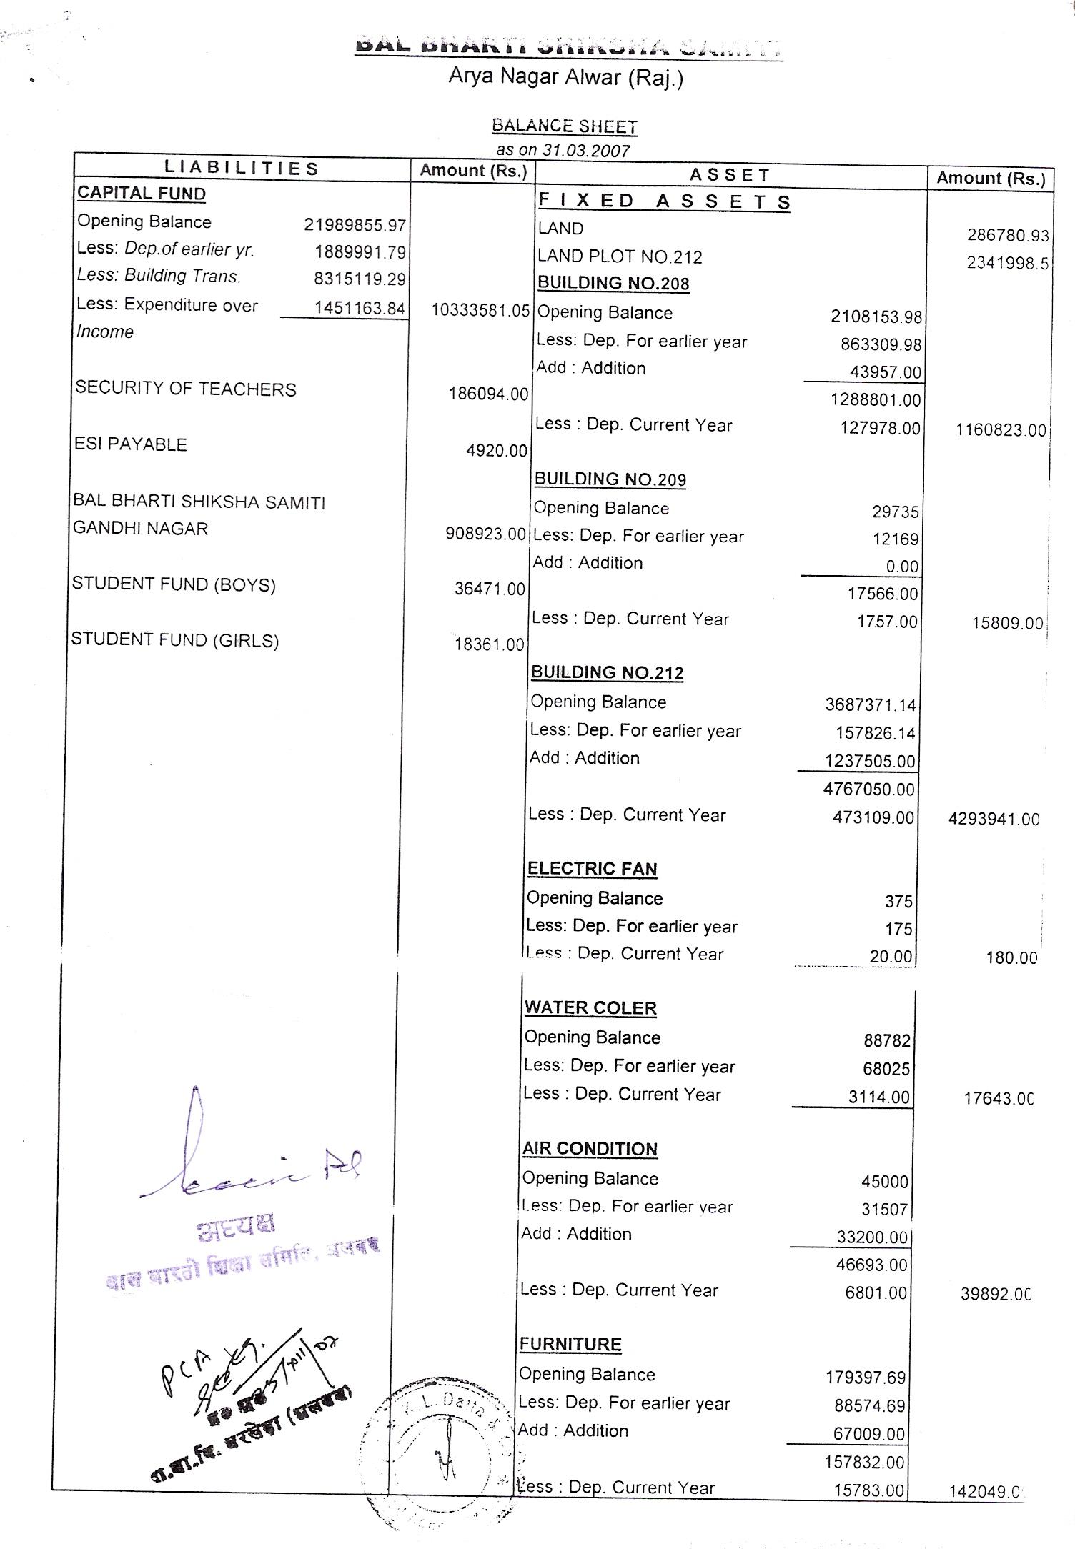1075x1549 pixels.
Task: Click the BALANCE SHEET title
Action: (x=564, y=126)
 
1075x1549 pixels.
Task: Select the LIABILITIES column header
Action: (x=241, y=169)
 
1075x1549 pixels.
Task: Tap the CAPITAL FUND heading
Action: (x=142, y=194)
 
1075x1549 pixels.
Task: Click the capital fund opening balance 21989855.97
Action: (x=355, y=225)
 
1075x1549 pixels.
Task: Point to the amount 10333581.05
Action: (x=480, y=310)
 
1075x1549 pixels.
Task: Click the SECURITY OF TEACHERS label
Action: (x=186, y=389)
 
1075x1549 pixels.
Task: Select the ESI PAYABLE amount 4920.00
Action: (x=496, y=451)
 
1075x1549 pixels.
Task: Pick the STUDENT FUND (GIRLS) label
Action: (x=175, y=639)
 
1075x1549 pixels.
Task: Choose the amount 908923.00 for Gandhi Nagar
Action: (x=485, y=534)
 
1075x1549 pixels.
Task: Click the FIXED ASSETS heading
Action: (x=664, y=201)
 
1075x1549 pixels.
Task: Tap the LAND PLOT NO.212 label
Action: (x=620, y=256)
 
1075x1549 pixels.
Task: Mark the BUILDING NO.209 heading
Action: (x=610, y=479)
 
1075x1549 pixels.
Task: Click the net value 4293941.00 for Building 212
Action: (x=994, y=819)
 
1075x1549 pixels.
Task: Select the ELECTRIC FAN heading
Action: (x=592, y=869)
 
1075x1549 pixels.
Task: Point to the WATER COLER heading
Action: (x=590, y=1008)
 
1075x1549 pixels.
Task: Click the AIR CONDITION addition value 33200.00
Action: (x=871, y=1237)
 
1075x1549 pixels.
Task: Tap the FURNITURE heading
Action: (x=570, y=1344)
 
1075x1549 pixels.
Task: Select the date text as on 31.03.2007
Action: (x=563, y=151)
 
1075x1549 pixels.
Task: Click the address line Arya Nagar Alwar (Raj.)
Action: (x=565, y=77)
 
